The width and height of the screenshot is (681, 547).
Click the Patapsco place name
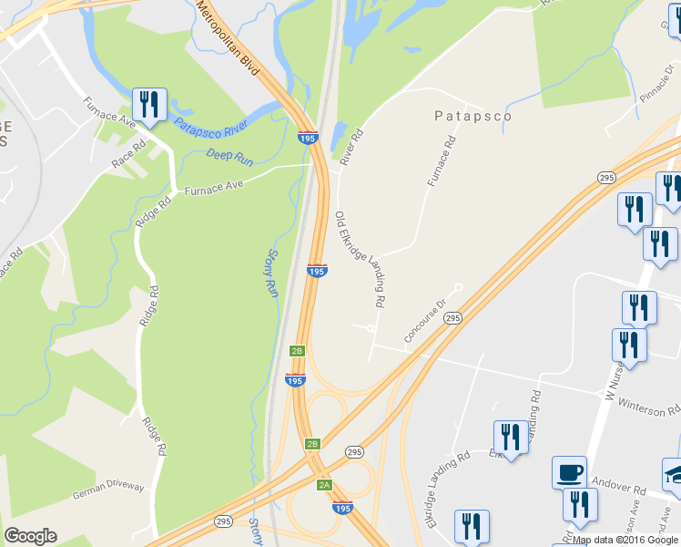point(472,117)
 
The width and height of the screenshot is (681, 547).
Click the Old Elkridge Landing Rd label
point(361,259)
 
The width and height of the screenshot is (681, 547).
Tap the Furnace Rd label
point(442,162)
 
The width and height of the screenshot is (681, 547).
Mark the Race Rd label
point(128,154)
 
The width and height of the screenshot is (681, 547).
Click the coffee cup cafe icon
point(569,472)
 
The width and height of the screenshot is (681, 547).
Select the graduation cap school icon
point(674,472)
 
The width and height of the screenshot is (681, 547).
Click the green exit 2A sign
point(324,485)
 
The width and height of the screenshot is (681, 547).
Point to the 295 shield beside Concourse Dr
point(453,317)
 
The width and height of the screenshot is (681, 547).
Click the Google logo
point(30,536)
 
